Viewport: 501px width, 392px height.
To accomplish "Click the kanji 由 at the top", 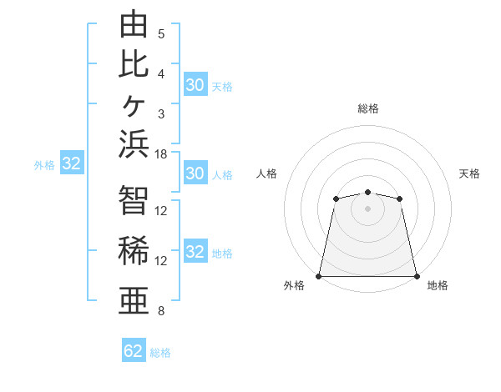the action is click(x=134, y=23).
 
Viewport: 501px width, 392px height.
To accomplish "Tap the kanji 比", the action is click(x=134, y=64).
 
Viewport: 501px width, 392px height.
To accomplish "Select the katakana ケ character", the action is click(x=134, y=105).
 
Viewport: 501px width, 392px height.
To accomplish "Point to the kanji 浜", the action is click(x=134, y=144).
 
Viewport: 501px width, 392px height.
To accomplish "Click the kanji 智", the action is click(x=134, y=200).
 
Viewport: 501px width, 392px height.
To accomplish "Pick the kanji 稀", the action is click(x=134, y=250).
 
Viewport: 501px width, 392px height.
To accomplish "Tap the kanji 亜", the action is click(x=134, y=300).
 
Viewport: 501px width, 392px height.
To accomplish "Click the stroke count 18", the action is click(x=160, y=154).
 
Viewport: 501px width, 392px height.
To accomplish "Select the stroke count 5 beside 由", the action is click(x=161, y=34).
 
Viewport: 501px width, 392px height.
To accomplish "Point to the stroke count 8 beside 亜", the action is click(x=161, y=310).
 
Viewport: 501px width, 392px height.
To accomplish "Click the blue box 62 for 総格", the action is click(x=134, y=349).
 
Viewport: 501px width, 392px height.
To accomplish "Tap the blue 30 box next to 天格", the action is click(x=195, y=84).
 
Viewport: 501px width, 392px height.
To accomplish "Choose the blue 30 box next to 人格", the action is click(x=195, y=173).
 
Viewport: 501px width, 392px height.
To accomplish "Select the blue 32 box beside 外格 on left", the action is click(x=72, y=162).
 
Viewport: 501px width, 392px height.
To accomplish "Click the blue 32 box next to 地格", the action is click(x=195, y=250).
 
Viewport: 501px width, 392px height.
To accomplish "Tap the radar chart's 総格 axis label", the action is click(x=368, y=108).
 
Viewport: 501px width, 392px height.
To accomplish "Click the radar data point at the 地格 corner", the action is click(x=417, y=276).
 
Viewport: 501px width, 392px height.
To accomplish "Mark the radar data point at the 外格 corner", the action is click(x=318, y=276).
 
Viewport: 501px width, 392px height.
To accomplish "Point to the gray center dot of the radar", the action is click(x=367, y=209).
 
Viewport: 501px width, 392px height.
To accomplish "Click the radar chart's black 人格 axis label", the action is click(x=266, y=173).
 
